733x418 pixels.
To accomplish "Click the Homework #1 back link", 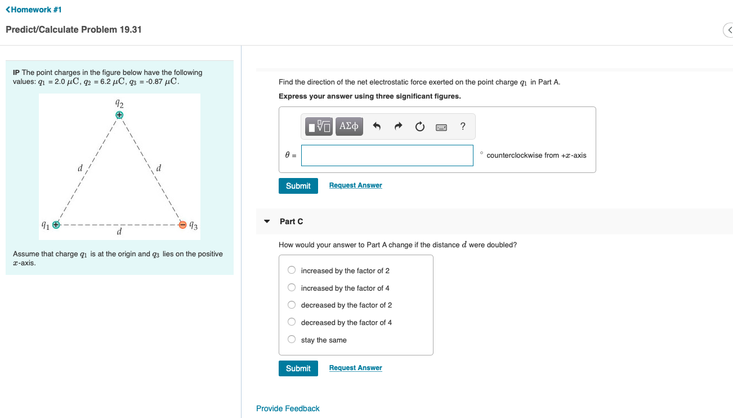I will [34, 10].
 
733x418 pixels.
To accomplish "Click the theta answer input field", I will [387, 155].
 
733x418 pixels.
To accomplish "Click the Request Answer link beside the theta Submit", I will [355, 185].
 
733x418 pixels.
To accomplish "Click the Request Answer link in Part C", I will [355, 368].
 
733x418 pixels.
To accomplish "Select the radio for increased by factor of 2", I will [292, 270].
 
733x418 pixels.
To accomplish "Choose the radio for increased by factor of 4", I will [292, 288].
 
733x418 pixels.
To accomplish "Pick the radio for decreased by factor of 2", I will [292, 305].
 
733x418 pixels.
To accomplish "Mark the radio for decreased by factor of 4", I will [292, 322].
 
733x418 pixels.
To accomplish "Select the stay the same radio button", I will [292, 340].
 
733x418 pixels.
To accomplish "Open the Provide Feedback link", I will [288, 408].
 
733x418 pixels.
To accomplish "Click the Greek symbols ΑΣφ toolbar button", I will [349, 126].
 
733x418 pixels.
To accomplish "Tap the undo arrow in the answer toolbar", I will [377, 127].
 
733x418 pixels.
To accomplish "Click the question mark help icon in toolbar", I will [462, 127].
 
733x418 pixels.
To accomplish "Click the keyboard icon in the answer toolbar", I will [441, 127].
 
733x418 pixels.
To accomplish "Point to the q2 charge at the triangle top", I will [119, 114].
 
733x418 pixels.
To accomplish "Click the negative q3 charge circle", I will [183, 225].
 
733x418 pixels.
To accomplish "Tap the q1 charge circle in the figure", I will [55, 225].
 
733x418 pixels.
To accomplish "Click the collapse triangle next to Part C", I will [267, 221].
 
